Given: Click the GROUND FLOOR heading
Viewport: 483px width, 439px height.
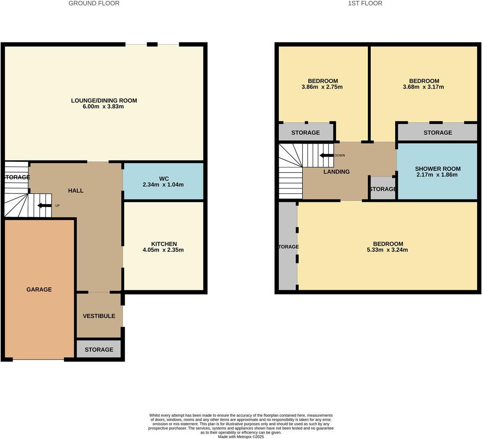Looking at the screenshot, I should pos(94,3).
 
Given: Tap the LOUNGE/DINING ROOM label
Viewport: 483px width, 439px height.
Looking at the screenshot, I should pos(104,101).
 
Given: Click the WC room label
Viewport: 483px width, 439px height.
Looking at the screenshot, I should pos(164,178).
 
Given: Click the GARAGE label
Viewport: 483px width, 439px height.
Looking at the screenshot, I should pos(39,289).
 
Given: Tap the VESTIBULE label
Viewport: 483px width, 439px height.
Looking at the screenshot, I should pos(99,316).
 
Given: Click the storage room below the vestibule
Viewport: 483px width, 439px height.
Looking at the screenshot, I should pos(99,349).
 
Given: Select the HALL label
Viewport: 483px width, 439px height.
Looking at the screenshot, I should pos(76,191).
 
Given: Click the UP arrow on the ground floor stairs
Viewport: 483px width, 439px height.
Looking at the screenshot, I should pos(44,205).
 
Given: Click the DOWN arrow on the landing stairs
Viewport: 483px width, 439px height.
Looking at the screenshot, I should pos(326,155).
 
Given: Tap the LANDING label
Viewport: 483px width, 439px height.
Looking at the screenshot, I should pos(337,172).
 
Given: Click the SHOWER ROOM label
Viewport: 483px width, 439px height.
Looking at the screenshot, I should pos(438,169).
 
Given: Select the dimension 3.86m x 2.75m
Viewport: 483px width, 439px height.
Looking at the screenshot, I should pos(322,87).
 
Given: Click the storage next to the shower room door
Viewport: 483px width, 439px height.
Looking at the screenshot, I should pos(383,189).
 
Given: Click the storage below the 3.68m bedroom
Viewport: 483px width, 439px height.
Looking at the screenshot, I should pos(437,132).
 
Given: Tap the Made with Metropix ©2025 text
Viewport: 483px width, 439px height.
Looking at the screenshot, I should pos(241,436).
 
